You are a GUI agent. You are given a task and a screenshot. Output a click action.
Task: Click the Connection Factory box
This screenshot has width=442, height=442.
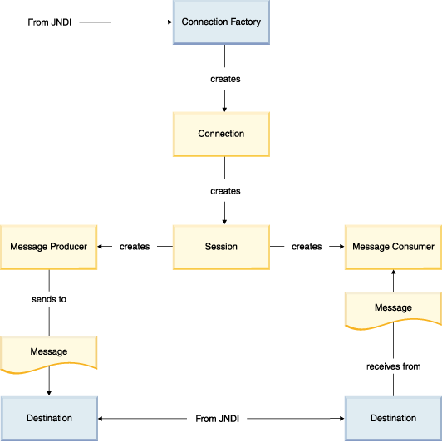point(221,22)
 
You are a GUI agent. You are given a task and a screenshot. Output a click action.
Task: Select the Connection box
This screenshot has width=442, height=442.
point(221,135)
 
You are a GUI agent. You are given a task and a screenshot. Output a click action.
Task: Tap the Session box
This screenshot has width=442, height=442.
point(221,248)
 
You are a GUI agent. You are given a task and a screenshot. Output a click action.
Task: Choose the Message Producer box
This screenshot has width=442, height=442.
point(49,248)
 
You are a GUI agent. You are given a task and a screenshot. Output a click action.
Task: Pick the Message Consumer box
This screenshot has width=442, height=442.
point(394,248)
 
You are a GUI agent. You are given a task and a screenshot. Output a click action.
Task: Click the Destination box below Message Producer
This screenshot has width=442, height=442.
point(49,419)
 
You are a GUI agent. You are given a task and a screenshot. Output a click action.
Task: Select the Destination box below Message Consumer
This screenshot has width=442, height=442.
point(394,419)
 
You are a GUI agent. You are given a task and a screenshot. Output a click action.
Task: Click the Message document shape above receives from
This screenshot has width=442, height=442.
point(394,309)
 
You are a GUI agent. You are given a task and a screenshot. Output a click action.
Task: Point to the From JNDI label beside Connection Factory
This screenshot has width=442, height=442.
point(50,22)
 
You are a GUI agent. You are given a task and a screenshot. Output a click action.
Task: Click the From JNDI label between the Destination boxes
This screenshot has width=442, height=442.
point(218,419)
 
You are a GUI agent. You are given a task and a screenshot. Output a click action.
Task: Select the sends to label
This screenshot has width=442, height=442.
point(49,299)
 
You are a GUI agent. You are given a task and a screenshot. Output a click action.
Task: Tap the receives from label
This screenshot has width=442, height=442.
point(394,366)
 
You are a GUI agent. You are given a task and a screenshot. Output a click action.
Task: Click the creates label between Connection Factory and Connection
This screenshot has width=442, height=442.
point(225,79)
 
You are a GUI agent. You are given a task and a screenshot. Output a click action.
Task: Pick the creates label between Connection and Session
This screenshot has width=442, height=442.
point(225,191)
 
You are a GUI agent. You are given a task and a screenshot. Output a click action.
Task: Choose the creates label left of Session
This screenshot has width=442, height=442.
point(135,247)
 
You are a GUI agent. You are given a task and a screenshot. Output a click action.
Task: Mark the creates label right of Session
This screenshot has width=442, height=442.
point(307,247)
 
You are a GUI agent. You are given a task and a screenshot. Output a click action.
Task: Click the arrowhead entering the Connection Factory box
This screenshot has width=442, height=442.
point(170,22)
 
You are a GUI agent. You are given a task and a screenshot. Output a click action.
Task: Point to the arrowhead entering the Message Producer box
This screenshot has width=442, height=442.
point(100,247)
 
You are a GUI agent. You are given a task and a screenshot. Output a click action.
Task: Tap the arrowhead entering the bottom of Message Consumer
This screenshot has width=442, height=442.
point(394,272)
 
